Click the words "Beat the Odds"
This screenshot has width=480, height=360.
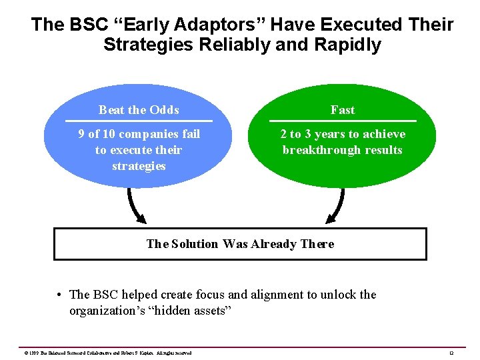139,110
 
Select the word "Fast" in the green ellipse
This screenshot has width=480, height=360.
343,110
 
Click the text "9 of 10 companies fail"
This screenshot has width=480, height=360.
139,134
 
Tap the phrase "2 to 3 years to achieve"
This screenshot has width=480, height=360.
343,134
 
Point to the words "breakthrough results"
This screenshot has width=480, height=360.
343,150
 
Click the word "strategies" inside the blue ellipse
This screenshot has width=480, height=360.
139,166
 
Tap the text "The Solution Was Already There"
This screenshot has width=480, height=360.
240,244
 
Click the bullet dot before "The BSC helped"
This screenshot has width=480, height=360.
60,295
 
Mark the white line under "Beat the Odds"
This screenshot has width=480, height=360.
139,121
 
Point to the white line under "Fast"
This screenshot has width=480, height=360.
343,121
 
